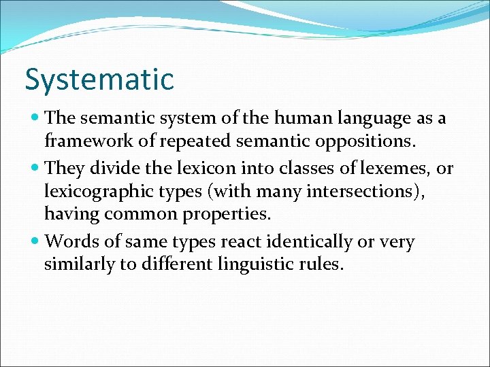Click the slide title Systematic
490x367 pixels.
[x=99, y=80]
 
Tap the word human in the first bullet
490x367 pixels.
[x=299, y=118]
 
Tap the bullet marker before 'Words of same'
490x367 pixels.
[x=35, y=242]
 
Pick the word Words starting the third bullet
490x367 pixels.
[x=69, y=241]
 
